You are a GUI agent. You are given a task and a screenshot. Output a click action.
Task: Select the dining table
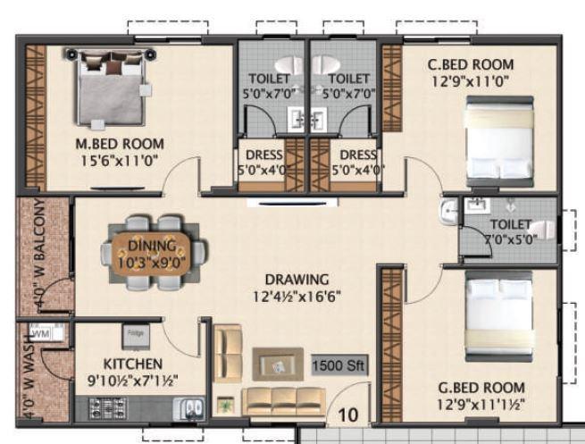click(151, 253)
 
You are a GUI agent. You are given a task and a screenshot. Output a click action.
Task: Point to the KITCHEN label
click(132, 364)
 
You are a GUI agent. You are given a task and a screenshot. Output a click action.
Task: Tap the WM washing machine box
click(40, 333)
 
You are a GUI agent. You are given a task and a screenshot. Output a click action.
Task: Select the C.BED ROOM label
click(470, 64)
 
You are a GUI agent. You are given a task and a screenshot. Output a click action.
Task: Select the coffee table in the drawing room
click(278, 364)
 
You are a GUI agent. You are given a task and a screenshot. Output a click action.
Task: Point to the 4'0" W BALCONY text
click(38, 256)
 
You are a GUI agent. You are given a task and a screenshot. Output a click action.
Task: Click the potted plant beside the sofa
click(224, 404)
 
